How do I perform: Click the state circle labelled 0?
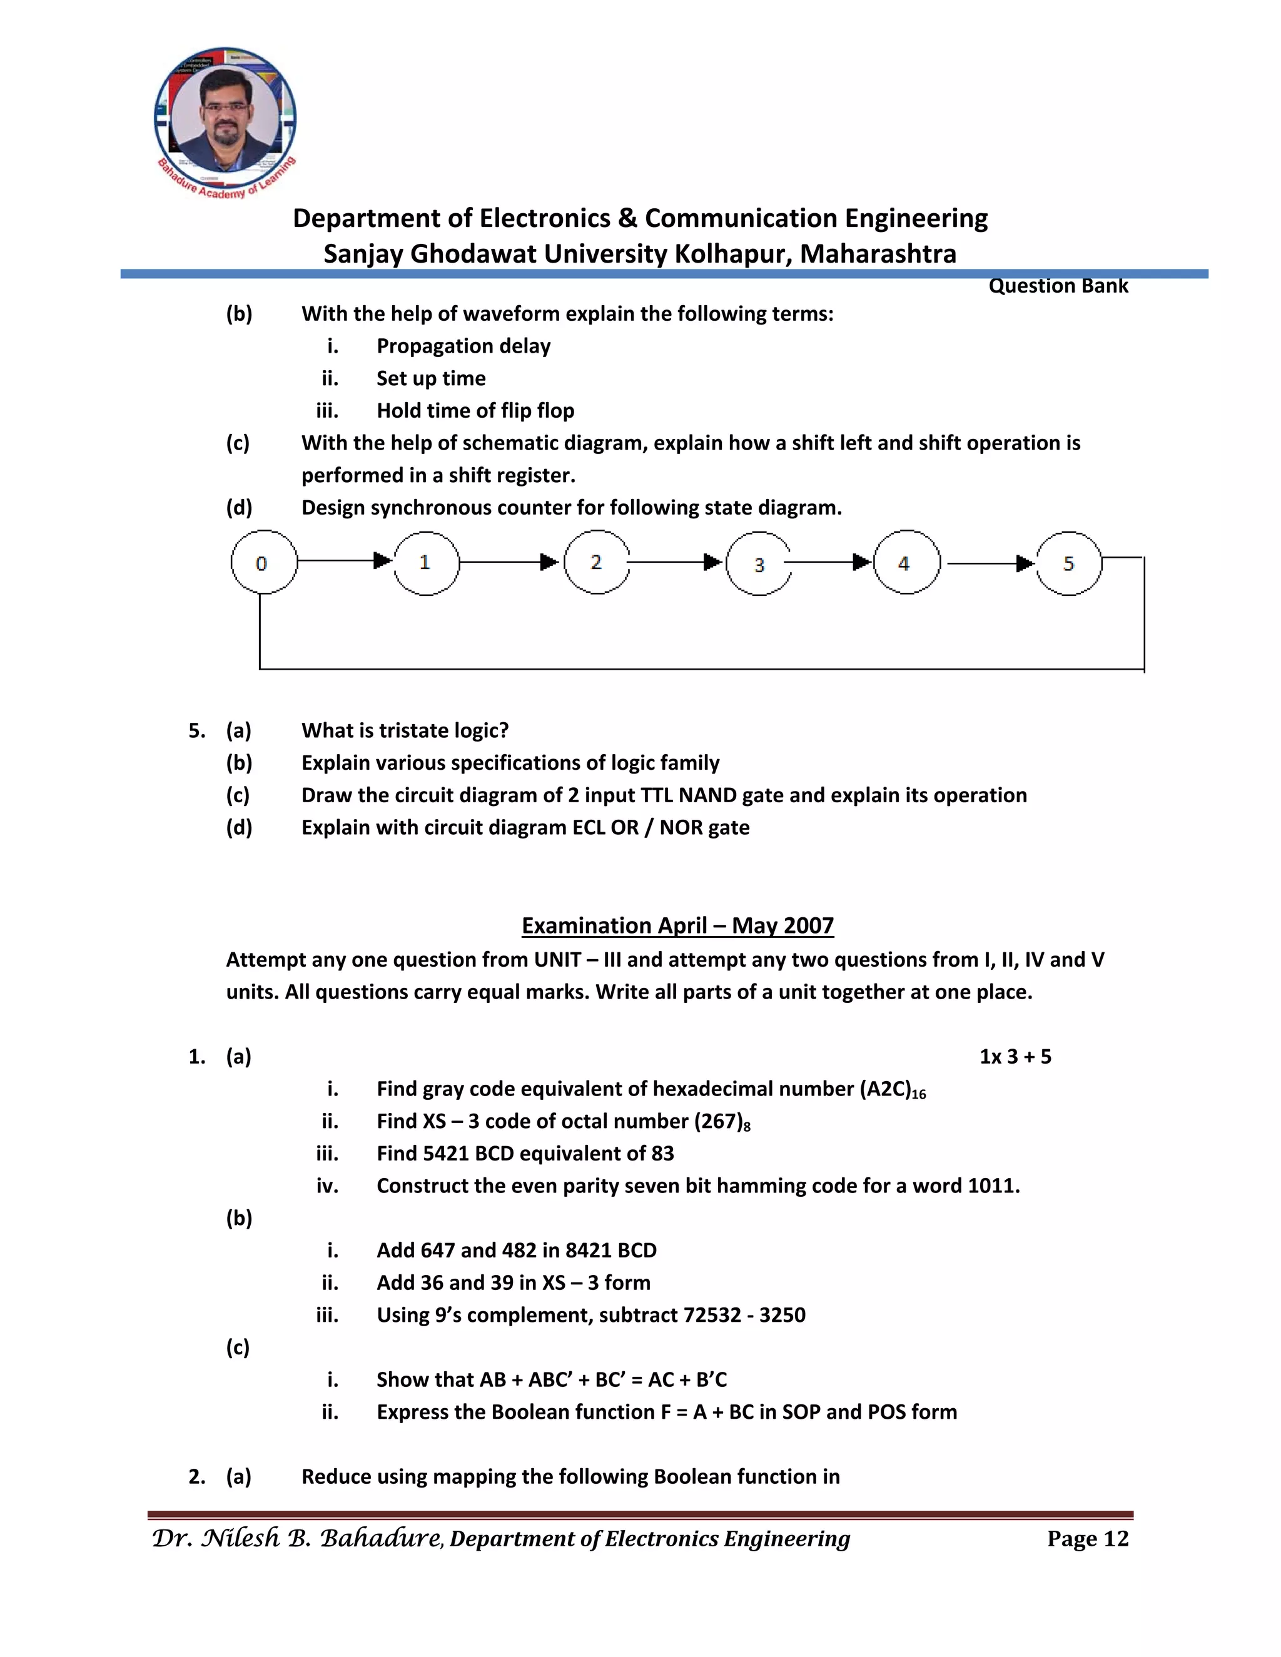[263, 562]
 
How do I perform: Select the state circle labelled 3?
[759, 564]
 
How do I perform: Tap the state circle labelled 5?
[1068, 563]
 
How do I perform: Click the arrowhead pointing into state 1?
[382, 561]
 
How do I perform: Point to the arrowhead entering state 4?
[862, 562]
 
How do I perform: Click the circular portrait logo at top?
[225, 118]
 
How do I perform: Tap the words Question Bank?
[1058, 286]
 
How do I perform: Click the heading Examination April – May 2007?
[677, 925]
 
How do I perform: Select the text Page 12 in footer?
[1088, 1538]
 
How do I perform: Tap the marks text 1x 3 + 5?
[1015, 1057]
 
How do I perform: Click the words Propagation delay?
[463, 346]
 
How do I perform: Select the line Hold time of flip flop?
[475, 410]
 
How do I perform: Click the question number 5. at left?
[196, 730]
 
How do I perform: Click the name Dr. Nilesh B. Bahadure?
[296, 1538]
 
